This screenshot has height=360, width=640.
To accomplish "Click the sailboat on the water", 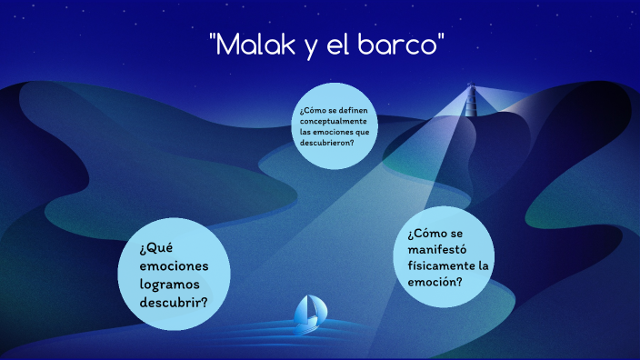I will [310, 312].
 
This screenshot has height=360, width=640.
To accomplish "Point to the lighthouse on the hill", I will [471, 96].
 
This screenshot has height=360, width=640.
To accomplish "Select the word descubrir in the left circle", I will [174, 302].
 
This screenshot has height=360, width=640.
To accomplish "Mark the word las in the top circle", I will [305, 131].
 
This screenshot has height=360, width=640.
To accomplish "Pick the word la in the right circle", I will [483, 265].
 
